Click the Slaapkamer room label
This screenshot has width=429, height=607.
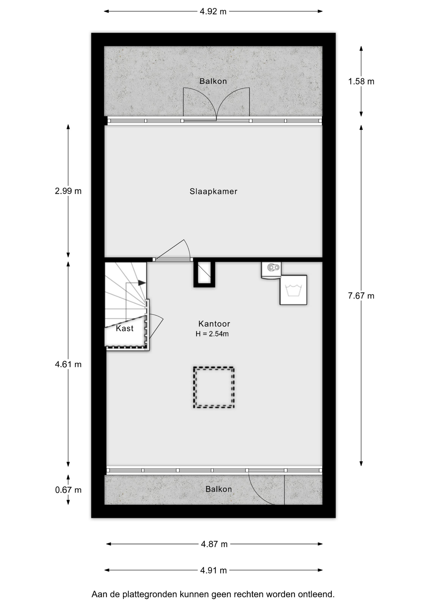213,191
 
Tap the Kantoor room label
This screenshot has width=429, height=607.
214,324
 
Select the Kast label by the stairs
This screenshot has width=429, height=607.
124,328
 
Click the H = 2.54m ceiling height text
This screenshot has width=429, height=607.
212,334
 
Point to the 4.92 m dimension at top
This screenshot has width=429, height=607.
213,11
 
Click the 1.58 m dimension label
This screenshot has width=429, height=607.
361,82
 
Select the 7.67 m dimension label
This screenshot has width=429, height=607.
361,296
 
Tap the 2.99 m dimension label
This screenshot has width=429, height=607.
68,191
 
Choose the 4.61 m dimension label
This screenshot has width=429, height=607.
68,365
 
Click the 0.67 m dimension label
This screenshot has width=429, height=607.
68,490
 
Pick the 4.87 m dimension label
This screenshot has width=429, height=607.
214,544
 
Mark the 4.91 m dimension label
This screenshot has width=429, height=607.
214,570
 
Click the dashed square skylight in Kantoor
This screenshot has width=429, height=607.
214,367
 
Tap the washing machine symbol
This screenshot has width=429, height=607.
293,290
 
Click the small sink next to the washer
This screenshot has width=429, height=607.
271,270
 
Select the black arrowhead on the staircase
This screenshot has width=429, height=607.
142,283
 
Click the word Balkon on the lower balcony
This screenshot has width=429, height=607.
219,489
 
